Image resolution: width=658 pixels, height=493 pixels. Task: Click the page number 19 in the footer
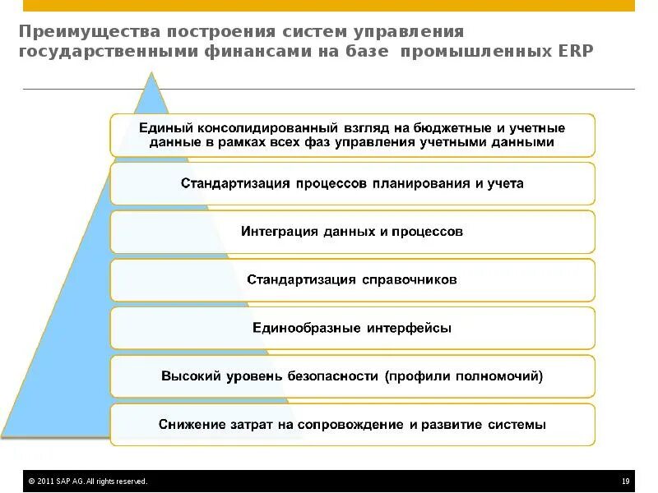pyautogui.click(x=626, y=481)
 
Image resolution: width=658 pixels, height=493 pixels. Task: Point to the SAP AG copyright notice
pyautogui.click(x=87, y=481)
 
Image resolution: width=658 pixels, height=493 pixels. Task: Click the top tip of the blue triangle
pyautogui.click(x=151, y=74)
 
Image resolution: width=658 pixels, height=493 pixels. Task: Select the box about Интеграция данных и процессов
pyautogui.click(x=352, y=232)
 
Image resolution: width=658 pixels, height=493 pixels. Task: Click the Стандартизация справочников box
pyautogui.click(x=352, y=280)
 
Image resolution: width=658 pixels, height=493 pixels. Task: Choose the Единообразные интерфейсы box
pyautogui.click(x=352, y=329)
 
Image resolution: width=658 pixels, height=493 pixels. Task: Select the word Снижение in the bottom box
pyautogui.click(x=187, y=425)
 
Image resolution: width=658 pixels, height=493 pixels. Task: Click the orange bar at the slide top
pyautogui.click(x=329, y=6)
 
